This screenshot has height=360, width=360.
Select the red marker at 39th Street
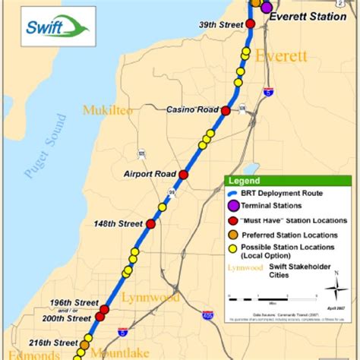pyautogui.click(x=251, y=24)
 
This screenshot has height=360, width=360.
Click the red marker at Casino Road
pyautogui.click(x=226, y=110)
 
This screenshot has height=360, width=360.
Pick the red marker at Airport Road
pyautogui.click(x=183, y=174)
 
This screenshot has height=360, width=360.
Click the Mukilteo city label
pyautogui.click(x=108, y=111)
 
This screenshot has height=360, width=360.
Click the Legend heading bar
pyautogui.click(x=289, y=182)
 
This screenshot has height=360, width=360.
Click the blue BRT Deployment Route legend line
pyautogui.click(x=232, y=193)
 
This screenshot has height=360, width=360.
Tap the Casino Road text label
pyautogui.click(x=192, y=110)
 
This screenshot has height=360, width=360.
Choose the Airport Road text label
pyautogui.click(x=150, y=174)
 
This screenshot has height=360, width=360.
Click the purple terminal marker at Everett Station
pyautogui.click(x=267, y=8)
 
